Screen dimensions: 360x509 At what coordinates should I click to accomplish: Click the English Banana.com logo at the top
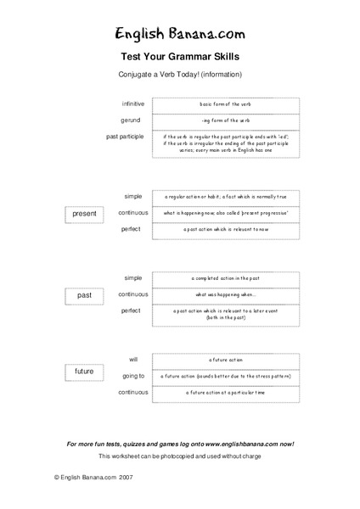[180, 33]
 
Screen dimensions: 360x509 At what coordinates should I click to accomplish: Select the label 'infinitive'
[133, 103]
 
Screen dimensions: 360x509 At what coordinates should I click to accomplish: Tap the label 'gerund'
[136, 120]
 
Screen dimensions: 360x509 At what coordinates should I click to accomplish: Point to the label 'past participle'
[127, 136]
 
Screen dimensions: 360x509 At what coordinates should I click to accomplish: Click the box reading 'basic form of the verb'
[226, 103]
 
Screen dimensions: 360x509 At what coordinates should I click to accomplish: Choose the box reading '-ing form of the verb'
[226, 120]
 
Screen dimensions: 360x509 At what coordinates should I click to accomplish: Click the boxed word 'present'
[84, 213]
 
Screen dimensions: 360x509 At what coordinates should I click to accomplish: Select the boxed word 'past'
[84, 295]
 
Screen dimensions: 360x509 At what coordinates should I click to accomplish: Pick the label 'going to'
[133, 376]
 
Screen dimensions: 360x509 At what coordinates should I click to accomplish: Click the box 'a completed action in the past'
[226, 278]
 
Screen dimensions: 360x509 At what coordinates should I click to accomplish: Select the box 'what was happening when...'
[226, 294]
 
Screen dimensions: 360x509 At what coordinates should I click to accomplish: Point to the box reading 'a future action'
[226, 360]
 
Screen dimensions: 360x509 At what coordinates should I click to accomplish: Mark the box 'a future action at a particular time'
[226, 393]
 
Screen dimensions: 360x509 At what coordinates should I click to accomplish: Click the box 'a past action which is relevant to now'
[226, 229]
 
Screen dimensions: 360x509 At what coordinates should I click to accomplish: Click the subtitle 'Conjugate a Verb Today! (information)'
[180, 76]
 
